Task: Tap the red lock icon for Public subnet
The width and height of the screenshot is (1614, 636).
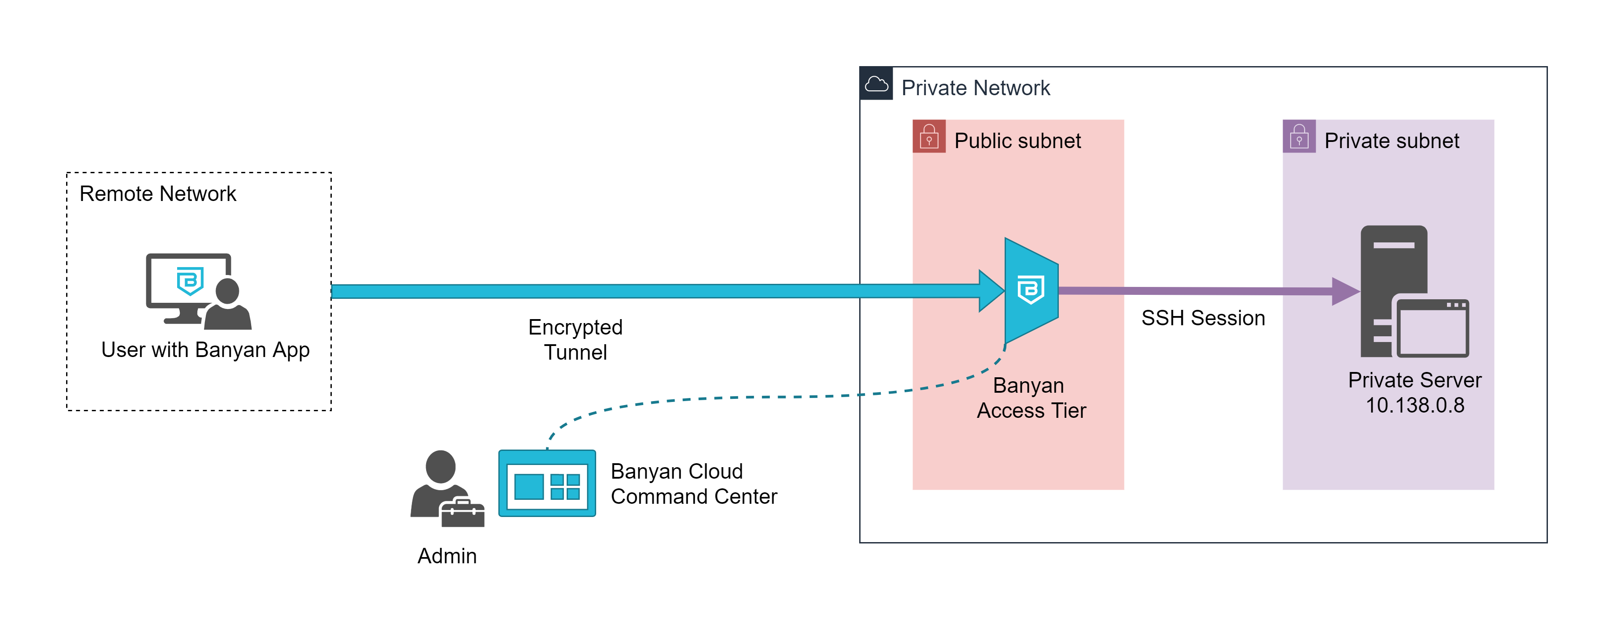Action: tap(928, 137)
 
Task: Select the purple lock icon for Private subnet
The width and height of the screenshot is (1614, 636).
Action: tap(1299, 137)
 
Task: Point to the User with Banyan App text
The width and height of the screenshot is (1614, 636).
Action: tap(205, 350)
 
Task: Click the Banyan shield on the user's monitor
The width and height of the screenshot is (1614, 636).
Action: tap(190, 281)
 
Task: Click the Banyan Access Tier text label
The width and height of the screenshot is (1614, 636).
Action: tap(1031, 398)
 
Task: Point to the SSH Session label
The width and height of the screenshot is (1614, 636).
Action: tap(1203, 318)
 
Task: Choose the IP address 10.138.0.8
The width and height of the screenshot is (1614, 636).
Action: tap(1415, 406)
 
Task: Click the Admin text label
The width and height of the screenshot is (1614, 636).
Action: tap(447, 556)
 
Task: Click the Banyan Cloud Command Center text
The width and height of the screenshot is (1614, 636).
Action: tap(694, 484)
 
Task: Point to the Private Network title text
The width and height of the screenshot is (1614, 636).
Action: tap(976, 88)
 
